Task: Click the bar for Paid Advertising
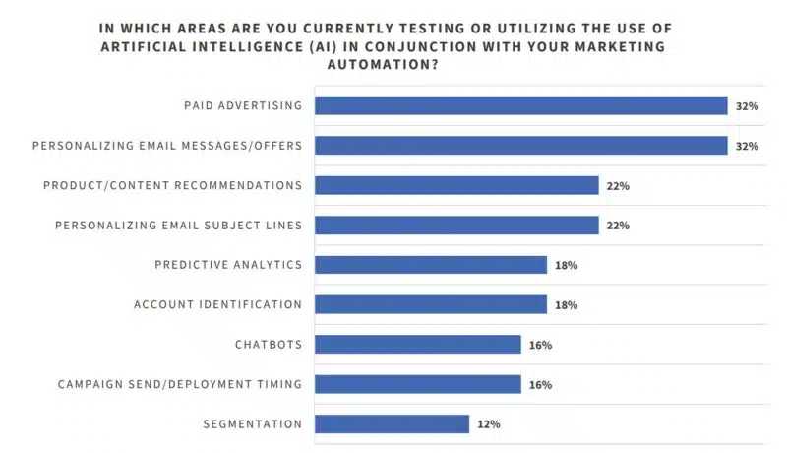click(520, 105)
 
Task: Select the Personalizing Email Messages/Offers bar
click(520, 146)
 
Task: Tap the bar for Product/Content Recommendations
click(456, 185)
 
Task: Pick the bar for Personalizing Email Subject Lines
click(456, 226)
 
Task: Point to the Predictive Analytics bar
click(431, 265)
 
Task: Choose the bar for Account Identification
click(431, 304)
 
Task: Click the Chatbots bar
click(418, 345)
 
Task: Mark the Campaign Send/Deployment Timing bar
click(418, 384)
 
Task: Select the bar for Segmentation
click(392, 424)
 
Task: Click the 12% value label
click(489, 424)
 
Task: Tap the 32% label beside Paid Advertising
click(747, 106)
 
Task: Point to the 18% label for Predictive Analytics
click(566, 265)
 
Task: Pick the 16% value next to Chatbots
click(540, 345)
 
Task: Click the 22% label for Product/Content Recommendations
click(618, 185)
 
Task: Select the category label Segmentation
click(252, 424)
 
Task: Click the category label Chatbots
click(268, 345)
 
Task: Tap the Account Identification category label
click(217, 304)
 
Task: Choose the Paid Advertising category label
click(243, 105)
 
